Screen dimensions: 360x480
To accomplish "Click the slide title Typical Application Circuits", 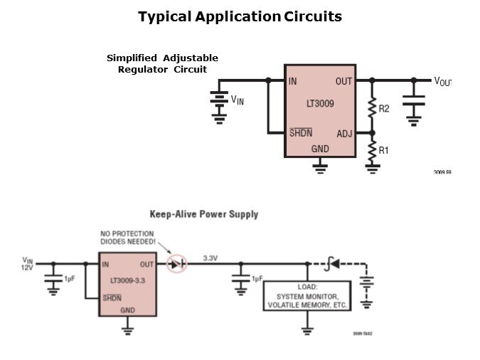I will pyautogui.click(x=240, y=16).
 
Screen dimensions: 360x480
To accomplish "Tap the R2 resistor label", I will pyautogui.click(x=384, y=109).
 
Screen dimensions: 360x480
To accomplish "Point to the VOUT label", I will pyautogui.click(x=442, y=82).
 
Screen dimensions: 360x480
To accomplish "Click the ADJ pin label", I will pyautogui.click(x=344, y=133).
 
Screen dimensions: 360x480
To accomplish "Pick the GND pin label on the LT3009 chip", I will pyautogui.click(x=320, y=149).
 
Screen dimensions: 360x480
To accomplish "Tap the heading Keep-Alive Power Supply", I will pyautogui.click(x=203, y=214).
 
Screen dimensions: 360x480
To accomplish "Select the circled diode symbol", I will pyautogui.click(x=176, y=264).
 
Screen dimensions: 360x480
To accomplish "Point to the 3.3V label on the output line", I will pyautogui.click(x=210, y=258).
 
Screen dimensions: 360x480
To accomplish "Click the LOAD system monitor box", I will pyautogui.click(x=307, y=296).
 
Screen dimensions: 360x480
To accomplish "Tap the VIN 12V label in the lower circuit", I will pyautogui.click(x=28, y=263).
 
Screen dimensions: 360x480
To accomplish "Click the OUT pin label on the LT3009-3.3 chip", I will pyautogui.click(x=147, y=265).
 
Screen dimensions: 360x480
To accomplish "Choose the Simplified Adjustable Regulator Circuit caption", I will pyautogui.click(x=162, y=64).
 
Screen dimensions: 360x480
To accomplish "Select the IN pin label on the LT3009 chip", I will pyautogui.click(x=293, y=81).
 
